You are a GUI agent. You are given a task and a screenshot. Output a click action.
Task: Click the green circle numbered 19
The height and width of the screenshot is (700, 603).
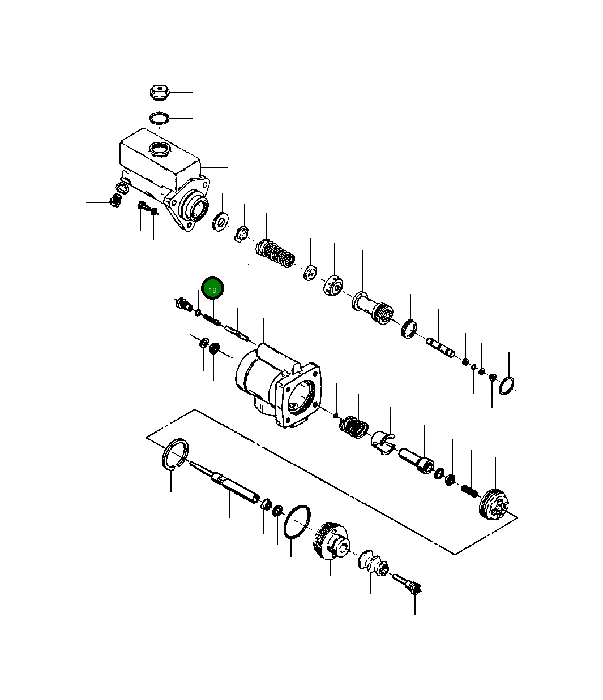[x=213, y=289]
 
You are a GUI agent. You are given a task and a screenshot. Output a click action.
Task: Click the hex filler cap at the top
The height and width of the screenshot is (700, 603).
[x=160, y=92]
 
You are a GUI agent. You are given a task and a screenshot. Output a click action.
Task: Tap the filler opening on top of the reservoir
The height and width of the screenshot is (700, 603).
[x=159, y=149]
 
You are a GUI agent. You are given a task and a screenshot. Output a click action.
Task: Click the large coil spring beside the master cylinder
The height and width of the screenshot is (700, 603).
[x=276, y=254]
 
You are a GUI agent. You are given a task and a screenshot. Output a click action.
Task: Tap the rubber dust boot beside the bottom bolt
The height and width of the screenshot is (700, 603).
[x=373, y=563]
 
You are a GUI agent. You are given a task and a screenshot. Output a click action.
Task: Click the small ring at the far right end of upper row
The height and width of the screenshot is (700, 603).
[x=507, y=386]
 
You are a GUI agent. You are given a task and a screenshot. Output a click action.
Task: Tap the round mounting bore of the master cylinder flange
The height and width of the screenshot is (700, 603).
[x=198, y=208]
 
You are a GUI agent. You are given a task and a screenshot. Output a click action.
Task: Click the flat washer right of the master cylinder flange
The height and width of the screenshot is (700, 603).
[x=220, y=221]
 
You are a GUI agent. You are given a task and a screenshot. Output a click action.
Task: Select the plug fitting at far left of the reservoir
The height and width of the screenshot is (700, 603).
[x=115, y=200]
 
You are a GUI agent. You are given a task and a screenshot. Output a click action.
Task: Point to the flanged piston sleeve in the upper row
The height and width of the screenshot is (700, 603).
[x=372, y=308]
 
